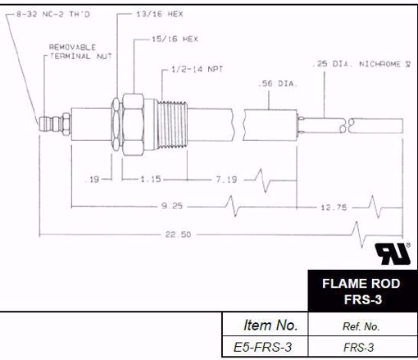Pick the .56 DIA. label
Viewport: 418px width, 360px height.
click(x=273, y=84)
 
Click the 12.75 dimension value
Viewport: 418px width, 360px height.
click(x=338, y=204)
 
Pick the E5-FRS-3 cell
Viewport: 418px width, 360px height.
click(x=265, y=347)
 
